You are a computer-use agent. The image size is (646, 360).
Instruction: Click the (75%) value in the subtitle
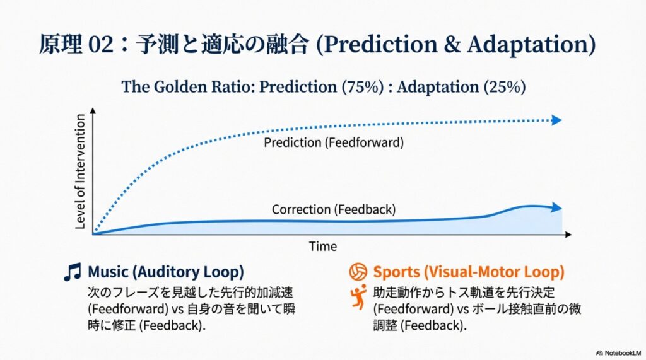click(x=363, y=87)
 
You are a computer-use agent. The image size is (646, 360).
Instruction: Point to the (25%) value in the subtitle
click(x=505, y=87)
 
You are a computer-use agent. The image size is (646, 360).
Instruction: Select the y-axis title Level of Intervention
click(x=80, y=171)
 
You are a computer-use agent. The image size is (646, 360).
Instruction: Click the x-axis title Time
click(x=323, y=247)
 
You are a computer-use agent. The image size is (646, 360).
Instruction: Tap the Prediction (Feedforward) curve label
click(x=334, y=142)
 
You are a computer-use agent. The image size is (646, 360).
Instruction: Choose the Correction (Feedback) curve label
click(x=334, y=210)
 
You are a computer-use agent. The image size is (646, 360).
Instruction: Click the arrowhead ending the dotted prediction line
click(x=557, y=120)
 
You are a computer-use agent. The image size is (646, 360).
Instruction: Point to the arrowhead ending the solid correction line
click(x=557, y=207)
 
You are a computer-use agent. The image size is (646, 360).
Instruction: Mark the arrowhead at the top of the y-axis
click(x=93, y=111)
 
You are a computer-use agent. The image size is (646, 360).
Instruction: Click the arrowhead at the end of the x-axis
click(x=568, y=235)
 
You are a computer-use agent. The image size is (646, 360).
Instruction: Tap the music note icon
click(x=73, y=272)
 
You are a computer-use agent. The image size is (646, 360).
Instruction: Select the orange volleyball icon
click(x=358, y=272)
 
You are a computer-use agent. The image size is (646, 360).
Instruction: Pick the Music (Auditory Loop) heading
click(x=166, y=272)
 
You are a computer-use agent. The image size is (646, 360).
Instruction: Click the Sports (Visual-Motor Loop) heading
click(x=469, y=272)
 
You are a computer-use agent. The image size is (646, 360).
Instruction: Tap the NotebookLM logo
click(x=619, y=353)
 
